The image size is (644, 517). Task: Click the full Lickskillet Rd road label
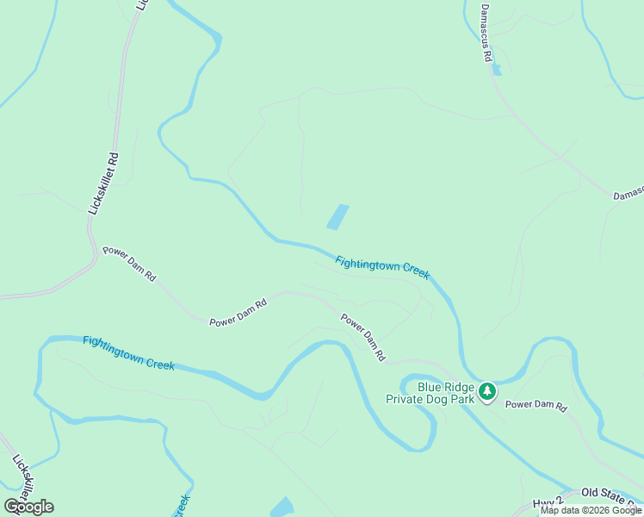tap(103, 184)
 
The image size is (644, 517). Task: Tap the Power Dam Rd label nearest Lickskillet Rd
tap(129, 265)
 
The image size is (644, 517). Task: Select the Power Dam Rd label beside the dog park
tap(536, 405)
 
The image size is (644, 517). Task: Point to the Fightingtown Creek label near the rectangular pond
tap(381, 267)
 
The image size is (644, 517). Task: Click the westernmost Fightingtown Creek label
tap(128, 352)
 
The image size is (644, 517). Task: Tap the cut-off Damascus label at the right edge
tap(628, 196)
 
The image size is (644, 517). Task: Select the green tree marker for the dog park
tap(487, 392)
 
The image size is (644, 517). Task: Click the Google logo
tap(29, 507)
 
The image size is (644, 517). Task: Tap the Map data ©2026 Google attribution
tap(591, 510)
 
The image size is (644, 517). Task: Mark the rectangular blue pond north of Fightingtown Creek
tap(337, 216)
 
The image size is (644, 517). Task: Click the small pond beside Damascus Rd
tap(498, 68)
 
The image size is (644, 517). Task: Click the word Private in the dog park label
tap(407, 399)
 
